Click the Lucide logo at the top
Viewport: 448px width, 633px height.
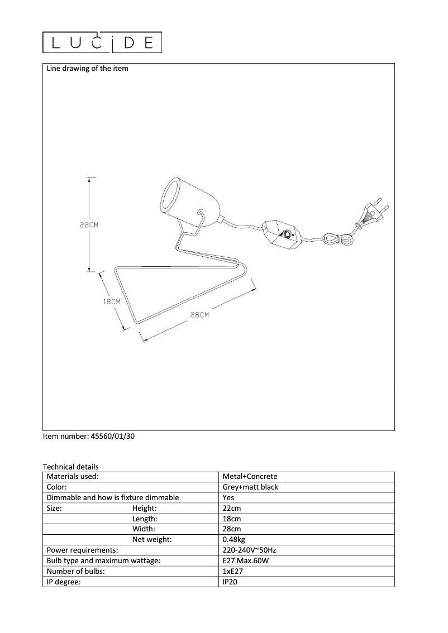(x=102, y=42)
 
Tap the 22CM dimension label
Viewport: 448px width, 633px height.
(x=89, y=225)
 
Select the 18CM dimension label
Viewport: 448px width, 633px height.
(x=112, y=301)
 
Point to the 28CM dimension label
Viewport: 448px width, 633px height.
(x=199, y=315)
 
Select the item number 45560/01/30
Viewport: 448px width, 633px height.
(x=89, y=437)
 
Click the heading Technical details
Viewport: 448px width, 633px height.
(x=70, y=467)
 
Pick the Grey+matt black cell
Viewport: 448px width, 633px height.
(x=250, y=487)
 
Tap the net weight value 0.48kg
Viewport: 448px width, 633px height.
(x=233, y=540)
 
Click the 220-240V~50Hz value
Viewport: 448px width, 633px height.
(x=249, y=550)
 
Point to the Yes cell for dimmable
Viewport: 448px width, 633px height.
(x=228, y=498)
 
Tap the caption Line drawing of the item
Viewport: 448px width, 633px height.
(x=87, y=69)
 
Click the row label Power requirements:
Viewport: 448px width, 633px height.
(x=82, y=550)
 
